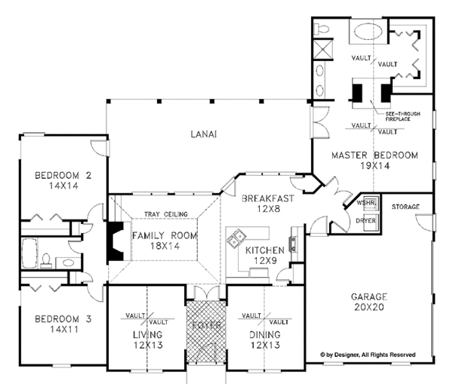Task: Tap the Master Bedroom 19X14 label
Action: click(x=374, y=161)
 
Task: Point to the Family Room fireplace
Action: click(x=116, y=241)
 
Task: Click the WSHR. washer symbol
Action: click(x=367, y=204)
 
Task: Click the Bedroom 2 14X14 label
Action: click(x=63, y=182)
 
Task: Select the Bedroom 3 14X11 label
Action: click(x=63, y=325)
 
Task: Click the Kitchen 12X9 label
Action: click(x=265, y=255)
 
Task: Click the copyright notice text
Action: click(x=378, y=353)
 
